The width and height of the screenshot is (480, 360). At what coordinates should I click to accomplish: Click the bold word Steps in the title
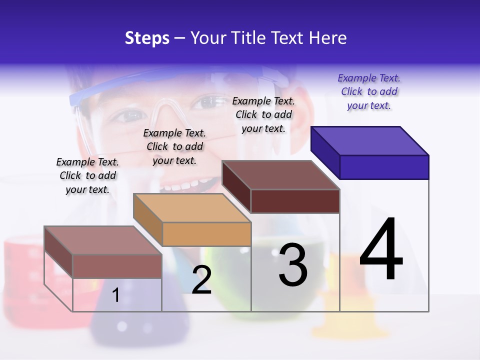coord(147,38)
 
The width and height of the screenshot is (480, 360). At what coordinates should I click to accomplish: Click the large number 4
coord(381,250)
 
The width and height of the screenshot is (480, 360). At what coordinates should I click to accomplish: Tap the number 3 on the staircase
coord(293,265)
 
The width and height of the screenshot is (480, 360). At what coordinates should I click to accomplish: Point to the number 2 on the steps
coord(201,280)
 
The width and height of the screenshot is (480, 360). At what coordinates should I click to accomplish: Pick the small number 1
coord(115,295)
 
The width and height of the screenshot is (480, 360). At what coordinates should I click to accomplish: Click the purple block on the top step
coord(370,152)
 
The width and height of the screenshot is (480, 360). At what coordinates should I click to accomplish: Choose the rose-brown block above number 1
coord(103,252)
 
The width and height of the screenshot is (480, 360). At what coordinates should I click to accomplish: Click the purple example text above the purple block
coord(369,91)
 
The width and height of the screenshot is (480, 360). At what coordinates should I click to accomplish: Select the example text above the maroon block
coord(263,114)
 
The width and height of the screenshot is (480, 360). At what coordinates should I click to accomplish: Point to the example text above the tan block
coord(174,146)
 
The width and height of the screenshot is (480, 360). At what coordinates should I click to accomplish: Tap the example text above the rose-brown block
coord(87,175)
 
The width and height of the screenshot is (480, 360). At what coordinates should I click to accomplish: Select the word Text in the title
coord(289,38)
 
